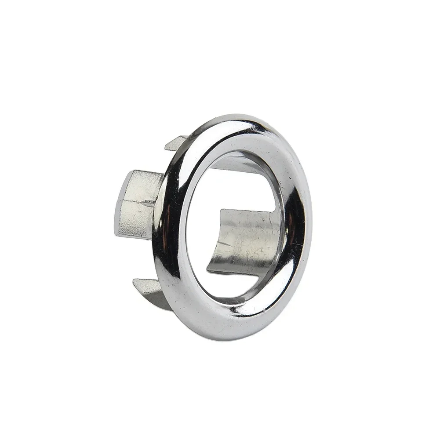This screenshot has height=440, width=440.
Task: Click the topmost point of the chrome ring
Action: [237, 115]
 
